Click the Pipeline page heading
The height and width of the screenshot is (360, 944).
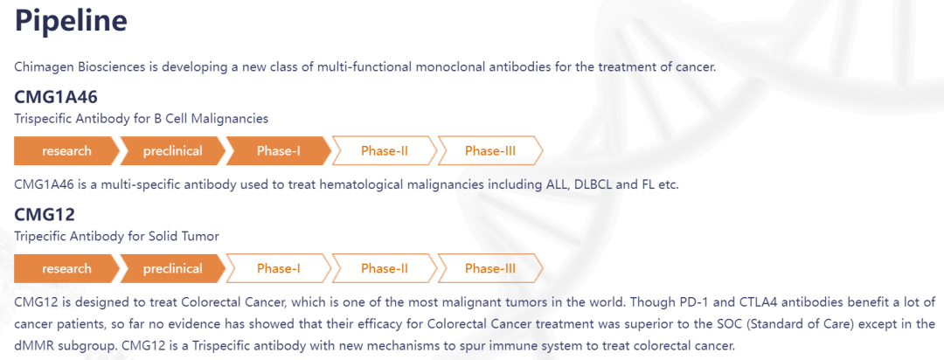pyautogui.click(x=71, y=21)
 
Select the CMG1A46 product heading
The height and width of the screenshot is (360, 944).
pyautogui.click(x=56, y=96)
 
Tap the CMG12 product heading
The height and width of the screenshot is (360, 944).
pyautogui.click(x=45, y=214)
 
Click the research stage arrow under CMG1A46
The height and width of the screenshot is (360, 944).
pyautogui.click(x=66, y=150)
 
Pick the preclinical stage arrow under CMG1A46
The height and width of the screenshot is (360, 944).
pyautogui.click(x=173, y=150)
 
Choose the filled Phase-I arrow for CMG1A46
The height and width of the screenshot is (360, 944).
pyautogui.click(x=279, y=150)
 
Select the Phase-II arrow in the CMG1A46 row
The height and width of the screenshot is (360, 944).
pyautogui.click(x=385, y=150)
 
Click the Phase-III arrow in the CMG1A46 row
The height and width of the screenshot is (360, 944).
pyautogui.click(x=490, y=150)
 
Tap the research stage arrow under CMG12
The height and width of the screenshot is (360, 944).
pyautogui.click(x=66, y=268)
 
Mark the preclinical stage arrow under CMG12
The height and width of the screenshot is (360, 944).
pyautogui.click(x=173, y=268)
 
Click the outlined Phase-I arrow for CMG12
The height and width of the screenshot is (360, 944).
pyautogui.click(x=279, y=268)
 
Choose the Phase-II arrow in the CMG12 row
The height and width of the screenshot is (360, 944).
pyautogui.click(x=385, y=268)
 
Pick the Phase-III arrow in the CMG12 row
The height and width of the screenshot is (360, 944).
pyautogui.click(x=490, y=268)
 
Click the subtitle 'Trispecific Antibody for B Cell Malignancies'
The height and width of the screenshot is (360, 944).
pyautogui.click(x=142, y=119)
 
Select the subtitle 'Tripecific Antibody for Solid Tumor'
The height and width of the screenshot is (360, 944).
pyautogui.click(x=117, y=237)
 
